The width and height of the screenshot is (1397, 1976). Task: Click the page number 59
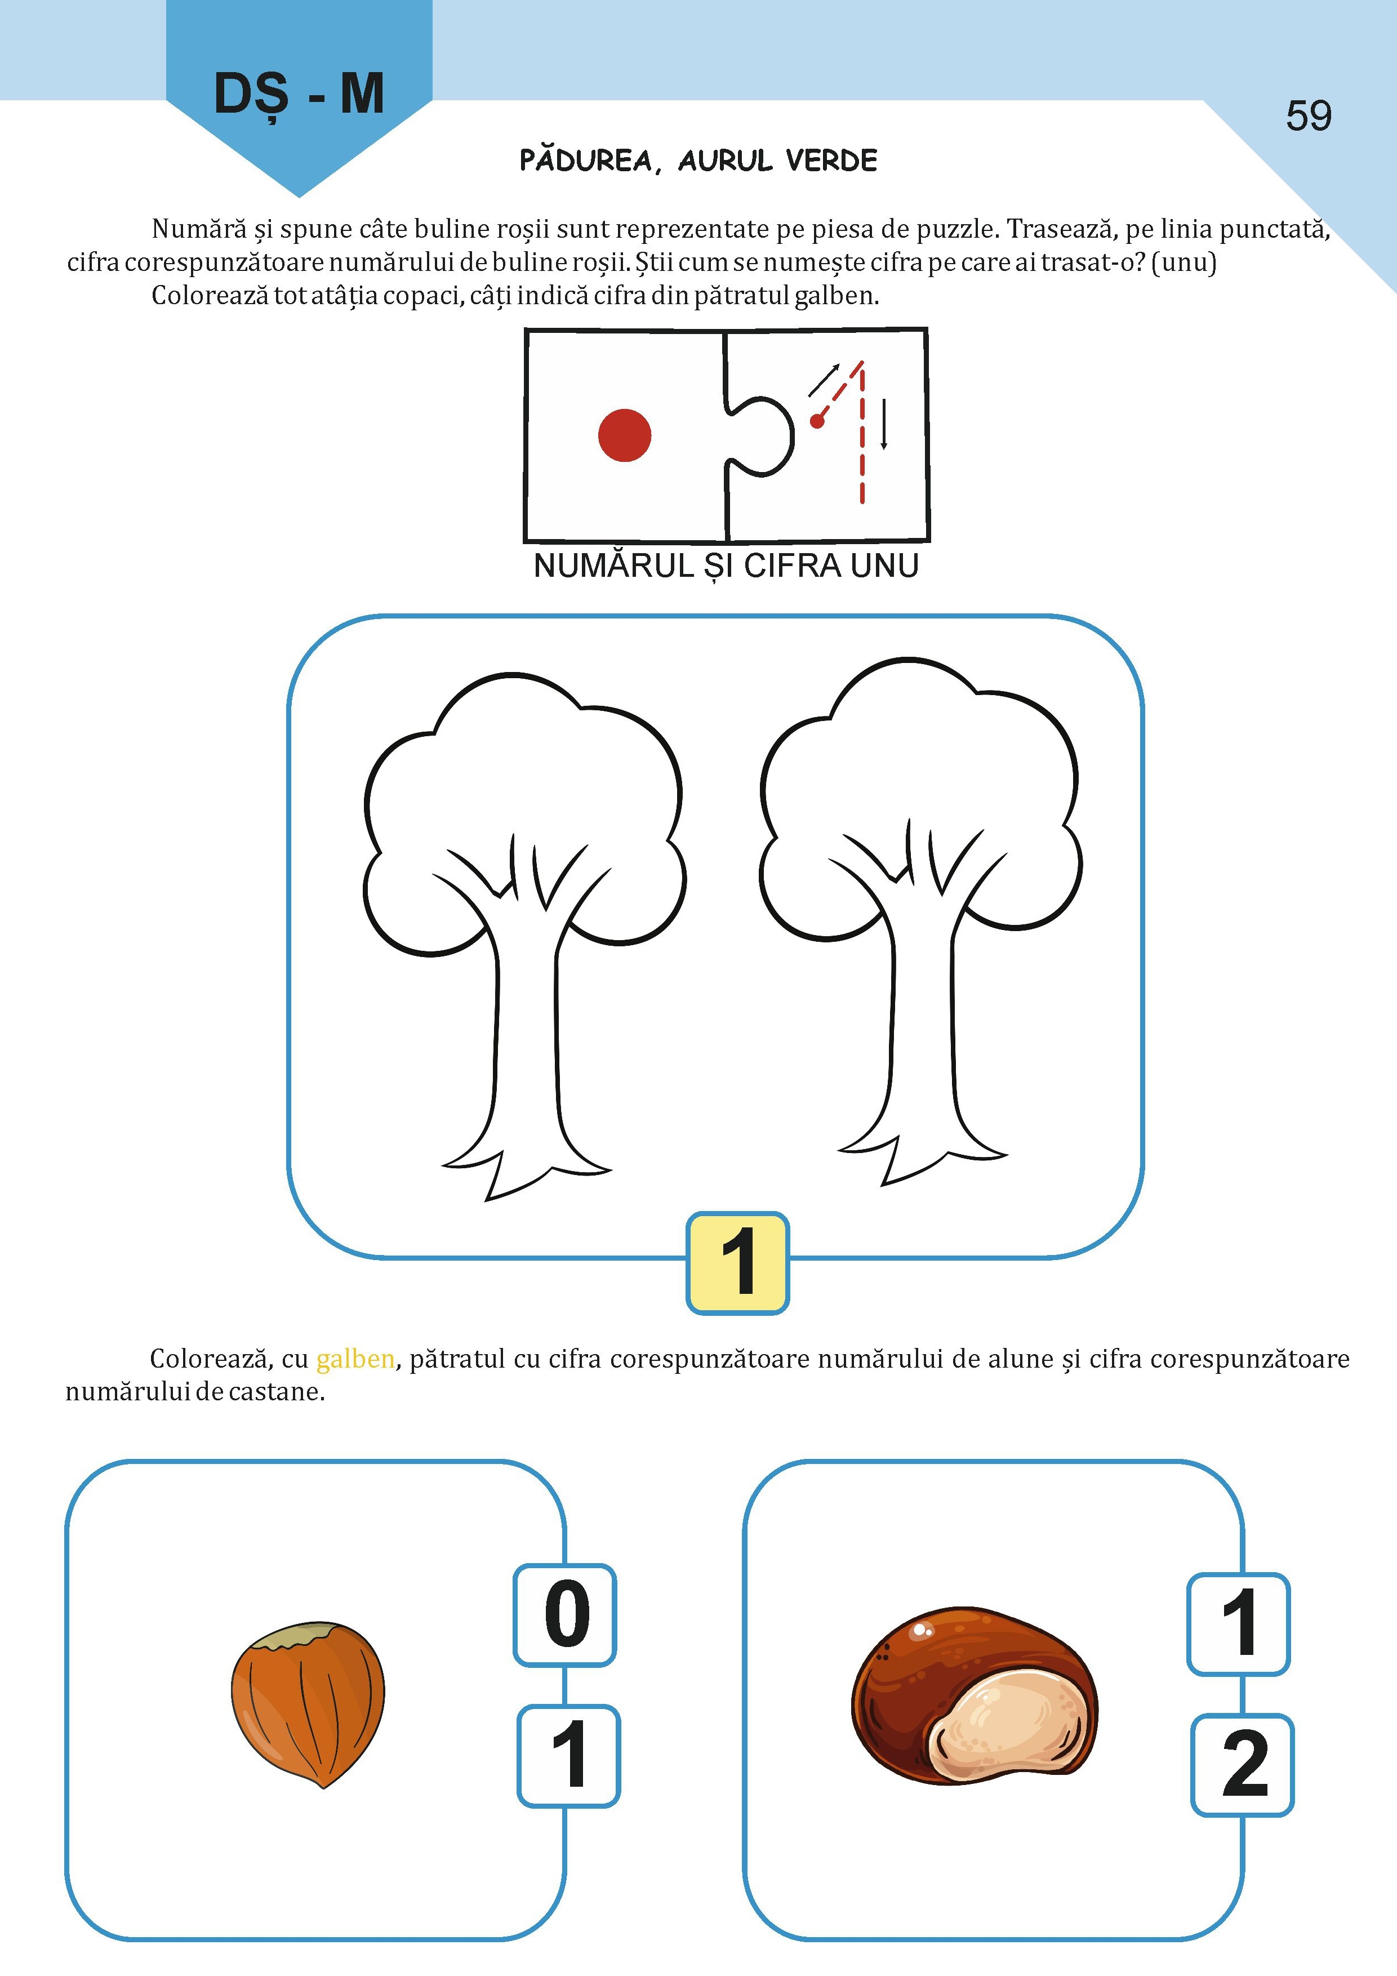pyautogui.click(x=1309, y=115)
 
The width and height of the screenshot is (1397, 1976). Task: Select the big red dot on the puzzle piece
pyautogui.click(x=625, y=435)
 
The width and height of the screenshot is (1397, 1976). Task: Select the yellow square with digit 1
pyautogui.click(x=738, y=1262)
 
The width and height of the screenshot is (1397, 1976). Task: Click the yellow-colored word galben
pyautogui.click(x=355, y=1359)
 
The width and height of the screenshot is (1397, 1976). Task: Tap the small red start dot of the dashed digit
pyautogui.click(x=817, y=421)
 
